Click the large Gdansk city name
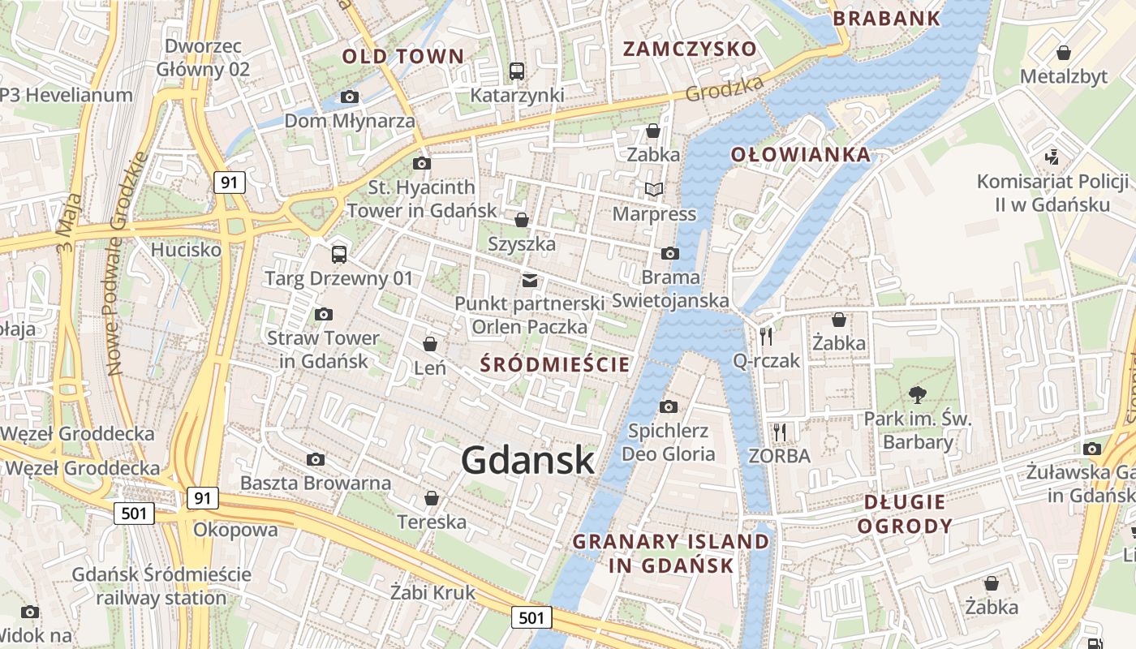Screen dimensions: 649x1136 [527, 460]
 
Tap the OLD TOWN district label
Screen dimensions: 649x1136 [402, 57]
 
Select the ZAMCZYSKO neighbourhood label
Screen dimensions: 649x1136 [689, 49]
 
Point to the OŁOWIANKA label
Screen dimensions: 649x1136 [800, 154]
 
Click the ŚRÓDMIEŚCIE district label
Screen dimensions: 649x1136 [555, 363]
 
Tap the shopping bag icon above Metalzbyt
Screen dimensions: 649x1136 [1063, 53]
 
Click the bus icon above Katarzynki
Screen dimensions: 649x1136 [517, 71]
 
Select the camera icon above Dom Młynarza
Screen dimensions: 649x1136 [350, 97]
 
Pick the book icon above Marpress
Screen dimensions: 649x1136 [654, 190]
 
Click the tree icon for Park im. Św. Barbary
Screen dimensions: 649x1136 [918, 395]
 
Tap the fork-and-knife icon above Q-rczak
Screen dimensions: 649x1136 [766, 336]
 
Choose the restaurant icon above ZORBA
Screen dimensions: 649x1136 [780, 432]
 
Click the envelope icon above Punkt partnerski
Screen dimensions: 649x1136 [529, 281]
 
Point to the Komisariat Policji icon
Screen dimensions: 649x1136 [1052, 157]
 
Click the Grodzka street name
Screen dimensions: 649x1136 [725, 89]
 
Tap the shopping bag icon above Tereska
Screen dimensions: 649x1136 [432, 497]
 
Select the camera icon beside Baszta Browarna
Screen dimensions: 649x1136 [316, 460]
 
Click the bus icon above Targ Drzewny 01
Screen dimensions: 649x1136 [339, 255]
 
